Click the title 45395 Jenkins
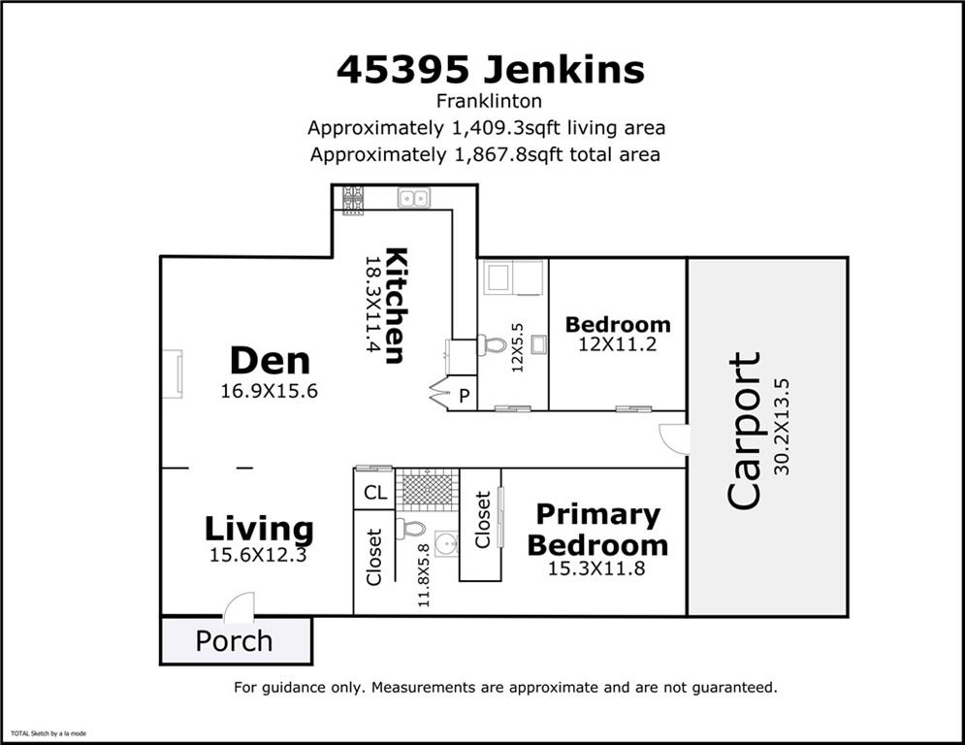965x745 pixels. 490,69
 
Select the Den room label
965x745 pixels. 270,361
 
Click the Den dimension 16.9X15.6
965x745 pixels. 270,391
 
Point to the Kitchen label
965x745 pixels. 395,306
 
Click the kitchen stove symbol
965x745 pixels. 353,199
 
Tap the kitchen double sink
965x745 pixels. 414,199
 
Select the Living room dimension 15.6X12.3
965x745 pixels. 258,556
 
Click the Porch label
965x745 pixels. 234,641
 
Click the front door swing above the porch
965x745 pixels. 239,608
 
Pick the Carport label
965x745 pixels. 744,431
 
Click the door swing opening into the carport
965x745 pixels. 675,438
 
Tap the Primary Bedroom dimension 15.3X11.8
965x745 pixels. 596,568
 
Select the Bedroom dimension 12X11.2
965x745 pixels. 617,343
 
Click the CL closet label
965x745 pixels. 375,493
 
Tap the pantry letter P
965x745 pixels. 464,396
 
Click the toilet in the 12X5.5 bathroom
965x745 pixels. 494,344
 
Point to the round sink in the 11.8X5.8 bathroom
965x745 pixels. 445,544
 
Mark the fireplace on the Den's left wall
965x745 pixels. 172,373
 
